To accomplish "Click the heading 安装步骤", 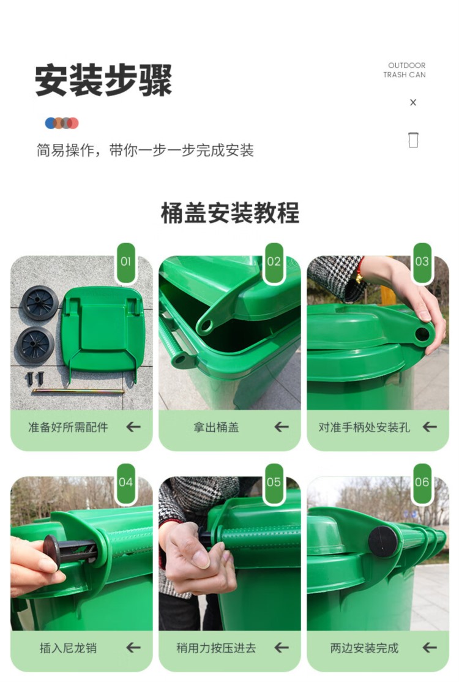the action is tap(103, 80).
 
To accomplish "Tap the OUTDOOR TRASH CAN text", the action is tap(405, 70).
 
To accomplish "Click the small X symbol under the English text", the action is tap(413, 103).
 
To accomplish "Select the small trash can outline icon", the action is tap(413, 140).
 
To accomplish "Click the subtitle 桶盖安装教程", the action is tap(229, 212).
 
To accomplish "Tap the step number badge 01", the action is tap(126, 262).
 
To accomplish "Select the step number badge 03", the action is tap(422, 262).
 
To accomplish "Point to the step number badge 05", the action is tap(274, 482).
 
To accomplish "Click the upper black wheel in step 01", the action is tap(40, 303).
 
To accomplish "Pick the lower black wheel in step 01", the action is tap(35, 346).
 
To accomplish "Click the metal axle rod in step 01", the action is tap(78, 391).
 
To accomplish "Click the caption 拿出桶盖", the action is tap(216, 427).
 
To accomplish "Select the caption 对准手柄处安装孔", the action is tap(364, 427).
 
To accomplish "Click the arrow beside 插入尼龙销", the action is tap(133, 648).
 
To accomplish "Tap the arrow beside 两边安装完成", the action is tap(430, 648).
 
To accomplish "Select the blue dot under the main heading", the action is tap(50, 123).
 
